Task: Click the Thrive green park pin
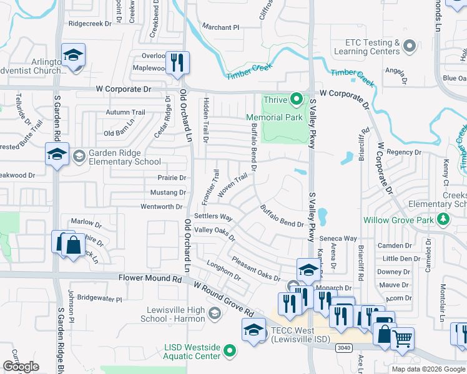(297, 98)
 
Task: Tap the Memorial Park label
(274, 117)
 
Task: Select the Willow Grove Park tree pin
(443, 219)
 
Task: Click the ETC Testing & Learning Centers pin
(410, 46)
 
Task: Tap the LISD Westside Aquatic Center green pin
(230, 352)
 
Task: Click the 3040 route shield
(342, 347)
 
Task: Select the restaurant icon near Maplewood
(177, 62)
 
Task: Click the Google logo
(21, 367)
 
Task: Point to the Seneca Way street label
(338, 239)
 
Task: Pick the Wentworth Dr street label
(161, 206)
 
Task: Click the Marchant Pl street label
(220, 27)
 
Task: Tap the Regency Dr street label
(405, 152)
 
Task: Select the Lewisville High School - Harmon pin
(215, 312)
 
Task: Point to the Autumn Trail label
(125, 112)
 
